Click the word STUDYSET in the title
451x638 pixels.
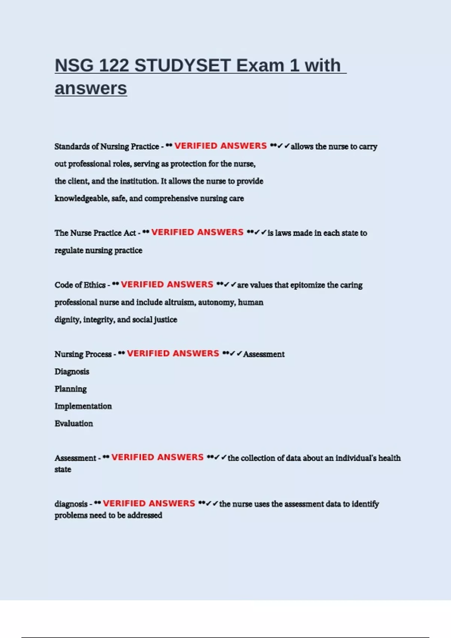point(182,66)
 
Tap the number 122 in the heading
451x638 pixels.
point(114,66)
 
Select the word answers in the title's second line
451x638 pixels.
point(91,89)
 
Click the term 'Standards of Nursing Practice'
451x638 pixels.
point(107,146)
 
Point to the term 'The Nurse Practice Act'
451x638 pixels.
point(95,233)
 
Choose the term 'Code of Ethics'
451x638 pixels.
point(80,285)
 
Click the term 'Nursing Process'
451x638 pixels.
point(83,354)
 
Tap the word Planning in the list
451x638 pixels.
point(71,389)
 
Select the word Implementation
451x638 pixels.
point(83,406)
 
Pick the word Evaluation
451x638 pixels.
point(74,423)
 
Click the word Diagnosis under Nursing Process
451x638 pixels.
point(72,372)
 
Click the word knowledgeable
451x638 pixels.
point(82,198)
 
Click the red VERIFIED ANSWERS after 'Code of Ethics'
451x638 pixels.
point(167,284)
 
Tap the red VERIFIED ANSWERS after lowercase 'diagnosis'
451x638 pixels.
point(149,503)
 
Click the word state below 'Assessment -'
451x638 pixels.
point(63,469)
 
